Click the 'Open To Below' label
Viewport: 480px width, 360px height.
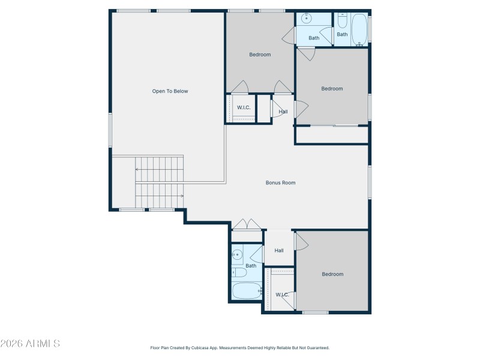(170, 91)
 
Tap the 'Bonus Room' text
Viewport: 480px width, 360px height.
(280, 183)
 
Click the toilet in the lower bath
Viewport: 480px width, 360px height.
(238, 273)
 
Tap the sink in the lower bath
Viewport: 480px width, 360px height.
(237, 254)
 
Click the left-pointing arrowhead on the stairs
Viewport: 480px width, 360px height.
(137, 170)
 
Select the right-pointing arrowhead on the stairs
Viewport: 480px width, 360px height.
(181, 196)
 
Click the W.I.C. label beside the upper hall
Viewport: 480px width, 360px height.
(244, 107)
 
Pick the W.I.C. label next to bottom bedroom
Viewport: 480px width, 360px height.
(282, 295)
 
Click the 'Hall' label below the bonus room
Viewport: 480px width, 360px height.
(279, 251)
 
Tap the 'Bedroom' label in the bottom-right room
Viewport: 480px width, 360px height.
(332, 274)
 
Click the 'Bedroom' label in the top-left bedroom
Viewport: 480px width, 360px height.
(260, 55)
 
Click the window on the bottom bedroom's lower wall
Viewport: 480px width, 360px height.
(315, 312)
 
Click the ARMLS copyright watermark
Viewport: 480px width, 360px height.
(30, 344)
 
